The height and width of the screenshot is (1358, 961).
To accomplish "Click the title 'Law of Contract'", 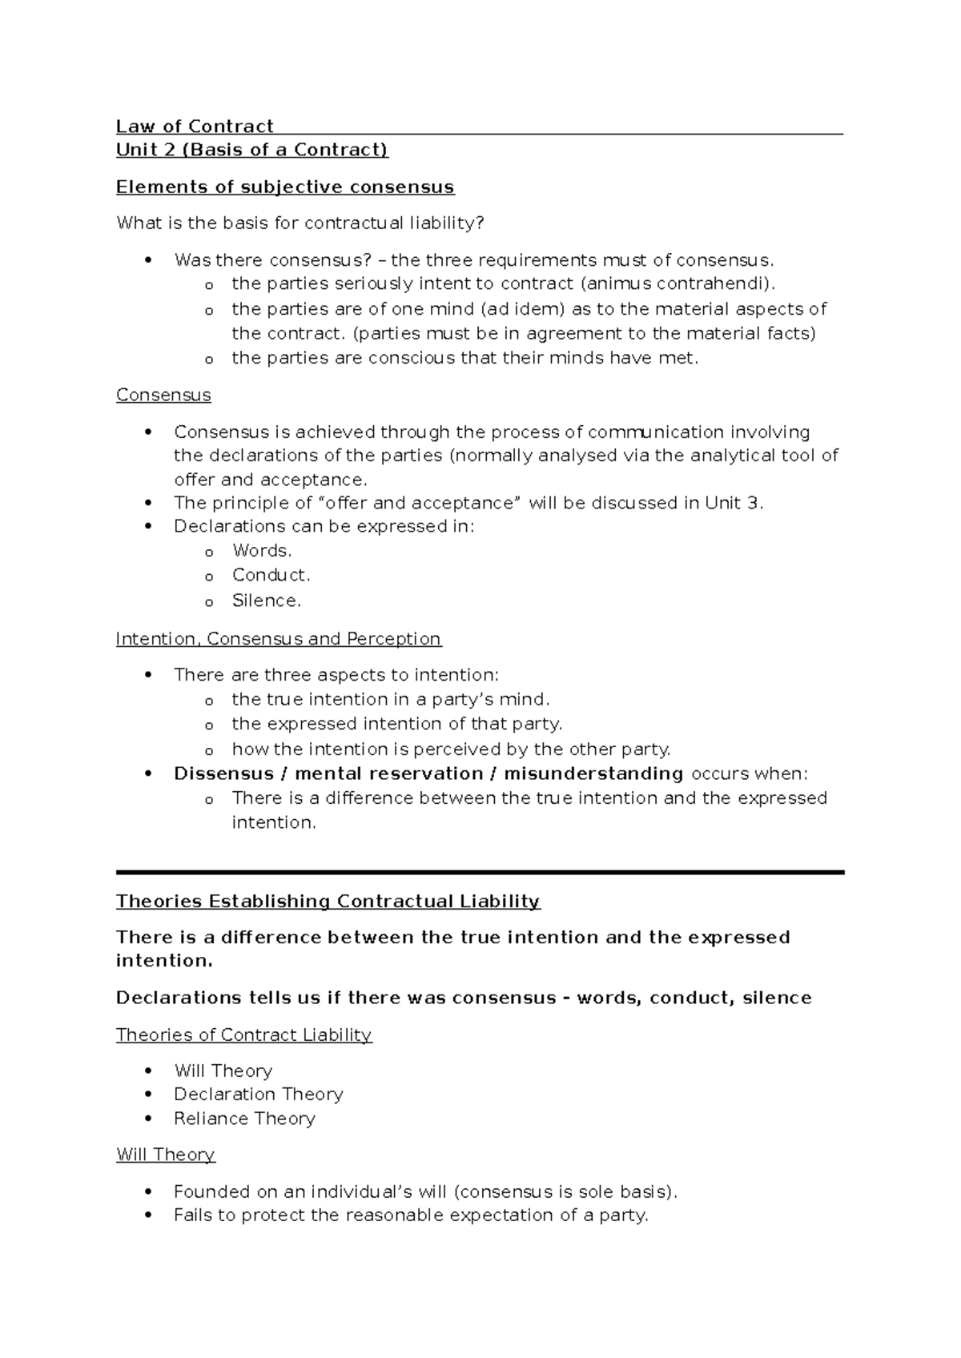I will click(195, 127).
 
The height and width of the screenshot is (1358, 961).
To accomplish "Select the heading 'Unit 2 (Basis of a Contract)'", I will click(251, 150).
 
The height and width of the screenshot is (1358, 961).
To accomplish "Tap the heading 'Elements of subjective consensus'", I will click(285, 187).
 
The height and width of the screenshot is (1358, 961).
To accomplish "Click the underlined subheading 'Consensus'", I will click(163, 396).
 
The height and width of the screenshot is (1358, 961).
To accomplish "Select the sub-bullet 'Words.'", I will click(262, 551).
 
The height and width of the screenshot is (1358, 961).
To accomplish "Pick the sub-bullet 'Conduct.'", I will click(271, 575).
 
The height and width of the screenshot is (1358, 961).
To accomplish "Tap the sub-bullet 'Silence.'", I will click(266, 601).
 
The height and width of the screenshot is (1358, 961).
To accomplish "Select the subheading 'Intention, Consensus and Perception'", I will click(279, 639).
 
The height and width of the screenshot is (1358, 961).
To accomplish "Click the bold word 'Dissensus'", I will click(223, 773).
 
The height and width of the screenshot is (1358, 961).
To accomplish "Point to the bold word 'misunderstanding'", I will click(593, 773).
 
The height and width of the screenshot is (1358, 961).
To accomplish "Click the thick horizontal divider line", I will click(480, 872).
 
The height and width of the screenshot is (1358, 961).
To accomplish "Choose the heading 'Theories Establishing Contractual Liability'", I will click(328, 902).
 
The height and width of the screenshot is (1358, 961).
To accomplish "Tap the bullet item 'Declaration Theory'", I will click(258, 1095).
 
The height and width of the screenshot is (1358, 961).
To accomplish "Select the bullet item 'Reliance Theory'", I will click(244, 1119).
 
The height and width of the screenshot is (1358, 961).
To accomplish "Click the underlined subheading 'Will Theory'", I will click(166, 1155).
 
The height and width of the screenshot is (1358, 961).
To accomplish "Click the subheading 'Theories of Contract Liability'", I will click(243, 1035).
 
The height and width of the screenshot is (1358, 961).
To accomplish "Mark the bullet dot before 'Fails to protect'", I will click(147, 1215).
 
